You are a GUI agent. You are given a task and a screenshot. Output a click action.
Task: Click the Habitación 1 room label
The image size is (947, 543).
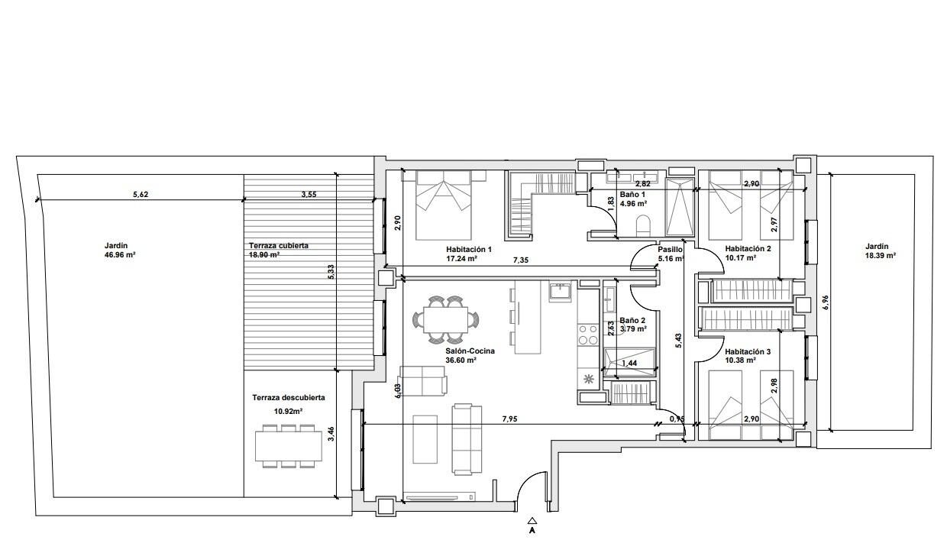[x=469, y=250]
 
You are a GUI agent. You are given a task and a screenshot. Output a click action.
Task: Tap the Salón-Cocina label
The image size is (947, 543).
[x=470, y=351]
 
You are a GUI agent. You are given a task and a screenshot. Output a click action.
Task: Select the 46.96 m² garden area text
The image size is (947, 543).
[x=120, y=255]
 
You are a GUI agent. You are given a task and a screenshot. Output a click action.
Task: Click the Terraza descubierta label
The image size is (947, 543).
[x=289, y=398]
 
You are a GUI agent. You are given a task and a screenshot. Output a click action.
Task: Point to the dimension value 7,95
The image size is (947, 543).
[x=509, y=419]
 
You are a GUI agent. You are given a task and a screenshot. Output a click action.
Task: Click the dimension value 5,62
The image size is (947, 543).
[x=141, y=195]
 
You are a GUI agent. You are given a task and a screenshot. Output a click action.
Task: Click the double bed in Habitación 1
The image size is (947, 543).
[x=443, y=205]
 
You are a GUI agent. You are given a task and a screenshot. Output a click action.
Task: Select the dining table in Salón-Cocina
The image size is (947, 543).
[x=445, y=320]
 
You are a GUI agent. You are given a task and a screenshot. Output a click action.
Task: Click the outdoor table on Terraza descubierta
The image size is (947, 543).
[x=289, y=446]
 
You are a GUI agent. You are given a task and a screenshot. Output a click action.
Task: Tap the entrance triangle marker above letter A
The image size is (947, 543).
[x=532, y=521]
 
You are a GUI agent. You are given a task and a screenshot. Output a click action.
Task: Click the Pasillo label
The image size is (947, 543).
[x=670, y=250]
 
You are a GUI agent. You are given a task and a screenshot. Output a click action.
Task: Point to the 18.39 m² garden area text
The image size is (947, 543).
[x=881, y=256]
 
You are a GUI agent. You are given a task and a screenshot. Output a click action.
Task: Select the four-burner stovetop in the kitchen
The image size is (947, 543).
[x=587, y=335]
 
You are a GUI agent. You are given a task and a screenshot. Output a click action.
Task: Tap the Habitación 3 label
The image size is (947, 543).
[x=748, y=352]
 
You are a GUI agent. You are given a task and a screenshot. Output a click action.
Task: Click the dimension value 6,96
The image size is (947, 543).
[x=826, y=302]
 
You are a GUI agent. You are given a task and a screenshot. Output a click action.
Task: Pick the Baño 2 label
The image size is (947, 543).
[x=632, y=321]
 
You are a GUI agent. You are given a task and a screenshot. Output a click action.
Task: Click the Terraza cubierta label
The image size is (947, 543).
[x=279, y=245]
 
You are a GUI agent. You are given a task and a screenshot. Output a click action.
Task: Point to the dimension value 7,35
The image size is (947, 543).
[x=521, y=260]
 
